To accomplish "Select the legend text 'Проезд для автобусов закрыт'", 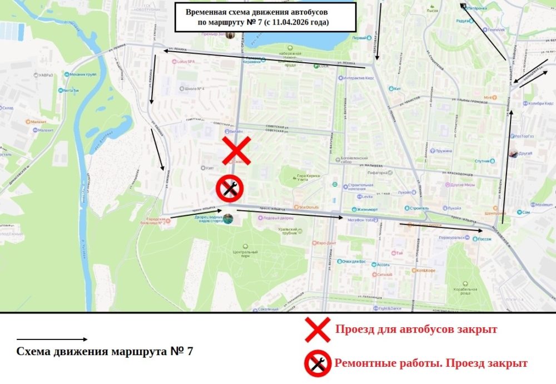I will [416, 329].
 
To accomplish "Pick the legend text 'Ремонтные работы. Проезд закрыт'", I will [430, 363].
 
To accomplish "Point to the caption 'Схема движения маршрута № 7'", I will [105, 352].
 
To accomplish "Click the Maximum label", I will [543, 204].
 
